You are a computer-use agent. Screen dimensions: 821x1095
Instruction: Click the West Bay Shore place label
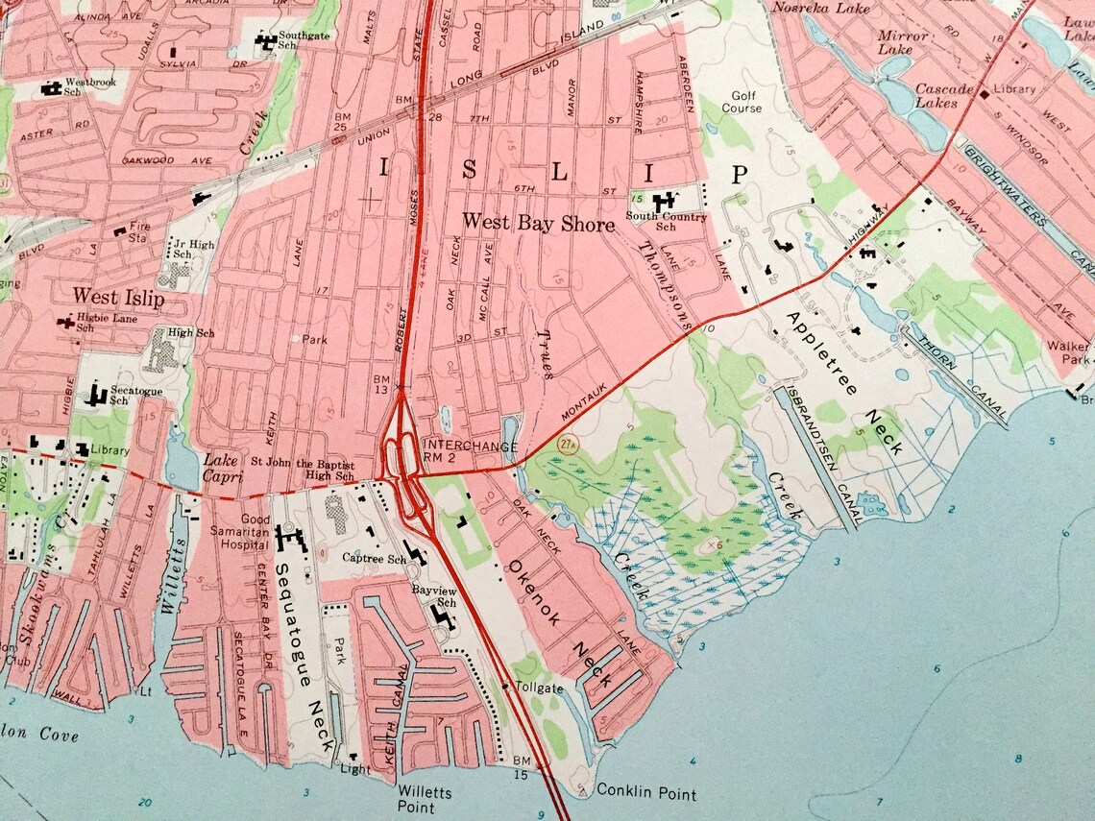[x=538, y=225]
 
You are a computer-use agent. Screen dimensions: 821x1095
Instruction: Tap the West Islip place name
[x=119, y=298]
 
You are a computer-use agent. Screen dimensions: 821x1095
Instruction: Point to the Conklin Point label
[x=646, y=792]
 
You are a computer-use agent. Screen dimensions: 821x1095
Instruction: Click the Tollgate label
[x=538, y=688]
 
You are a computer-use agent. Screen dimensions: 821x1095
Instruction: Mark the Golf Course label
[x=745, y=102]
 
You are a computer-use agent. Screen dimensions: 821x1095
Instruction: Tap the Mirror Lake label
[x=903, y=42]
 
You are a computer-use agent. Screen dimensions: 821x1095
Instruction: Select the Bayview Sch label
[x=432, y=595]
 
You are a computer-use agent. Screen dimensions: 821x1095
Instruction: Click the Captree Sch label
[x=374, y=558]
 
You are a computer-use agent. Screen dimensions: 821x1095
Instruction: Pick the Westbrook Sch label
[x=90, y=87]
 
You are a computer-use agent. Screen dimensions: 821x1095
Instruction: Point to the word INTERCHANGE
[x=470, y=447]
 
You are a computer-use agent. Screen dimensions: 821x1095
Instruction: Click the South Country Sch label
[x=666, y=222]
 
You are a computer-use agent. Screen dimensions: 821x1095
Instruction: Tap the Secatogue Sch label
[x=134, y=396]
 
